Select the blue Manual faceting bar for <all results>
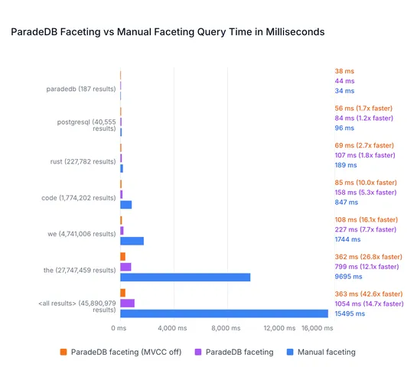[x=224, y=313]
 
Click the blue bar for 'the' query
[x=185, y=277]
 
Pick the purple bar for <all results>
[x=127, y=304]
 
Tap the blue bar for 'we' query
[x=132, y=241]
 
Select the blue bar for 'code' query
[x=125, y=205]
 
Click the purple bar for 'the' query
[x=125, y=267]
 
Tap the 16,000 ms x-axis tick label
[x=317, y=328]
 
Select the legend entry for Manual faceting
[x=321, y=352]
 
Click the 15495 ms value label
[x=350, y=313]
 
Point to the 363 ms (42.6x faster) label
[x=369, y=294]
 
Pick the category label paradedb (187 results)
[x=82, y=88]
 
